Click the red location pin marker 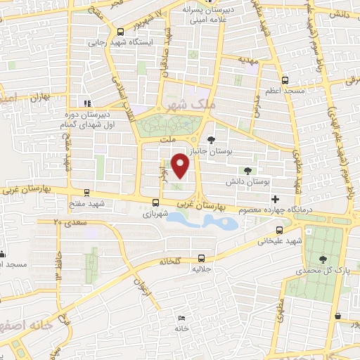(181, 165)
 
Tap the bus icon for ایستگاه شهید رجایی (122, 31)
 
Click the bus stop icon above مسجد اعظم (284, 80)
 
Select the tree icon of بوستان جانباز (212, 136)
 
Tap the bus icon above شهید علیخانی (280, 229)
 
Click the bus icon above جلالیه (202, 257)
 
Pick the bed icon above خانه (182, 320)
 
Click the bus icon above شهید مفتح (86, 192)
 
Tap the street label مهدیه (249, 60)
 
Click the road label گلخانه (168, 260)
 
